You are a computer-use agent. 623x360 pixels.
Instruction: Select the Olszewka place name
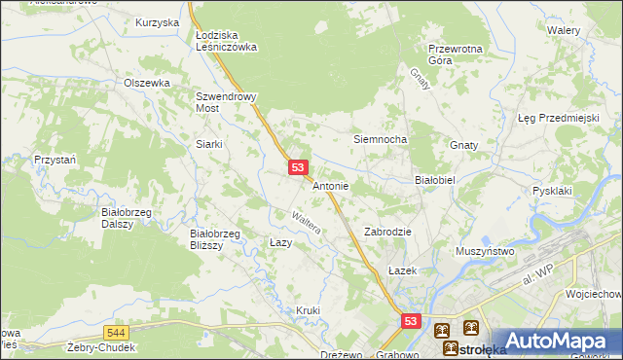147,83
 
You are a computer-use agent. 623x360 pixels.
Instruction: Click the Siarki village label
209,144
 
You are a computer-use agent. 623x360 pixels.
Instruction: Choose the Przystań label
55,159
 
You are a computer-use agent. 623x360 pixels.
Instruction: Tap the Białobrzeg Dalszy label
124,216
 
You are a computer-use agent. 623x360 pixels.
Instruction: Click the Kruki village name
308,310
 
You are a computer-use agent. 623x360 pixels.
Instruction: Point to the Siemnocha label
380,139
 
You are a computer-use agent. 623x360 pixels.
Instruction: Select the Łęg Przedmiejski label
557,118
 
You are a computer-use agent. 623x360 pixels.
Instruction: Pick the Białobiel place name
435,180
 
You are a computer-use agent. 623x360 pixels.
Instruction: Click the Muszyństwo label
485,251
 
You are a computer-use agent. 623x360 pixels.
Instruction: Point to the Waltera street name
309,223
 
